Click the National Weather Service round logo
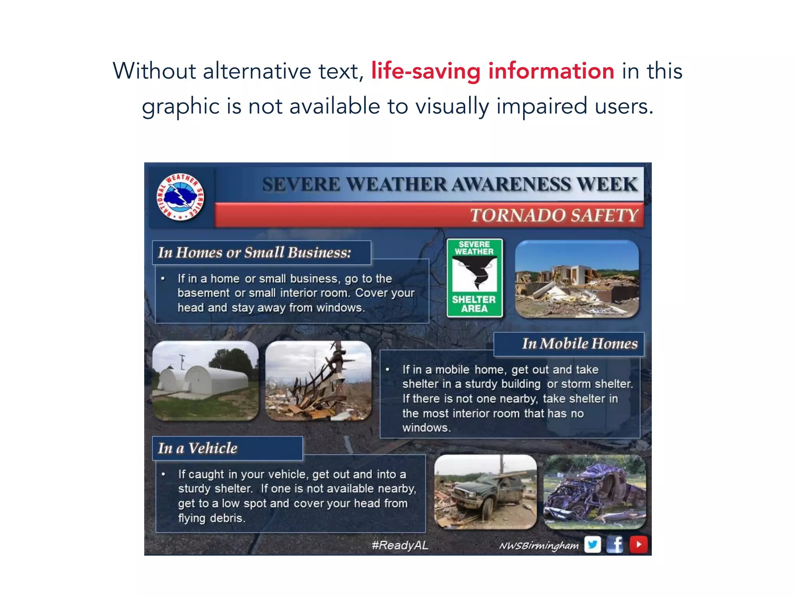click(x=180, y=197)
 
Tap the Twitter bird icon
click(x=592, y=544)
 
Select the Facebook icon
click(x=615, y=544)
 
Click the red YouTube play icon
click(x=638, y=544)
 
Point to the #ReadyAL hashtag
click(x=400, y=545)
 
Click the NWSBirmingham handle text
click(x=539, y=546)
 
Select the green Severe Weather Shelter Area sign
click(x=474, y=278)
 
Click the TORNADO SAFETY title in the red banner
click(x=554, y=215)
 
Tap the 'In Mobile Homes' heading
click(x=580, y=344)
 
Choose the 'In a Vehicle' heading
click(x=197, y=448)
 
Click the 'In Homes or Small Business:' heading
click(x=254, y=253)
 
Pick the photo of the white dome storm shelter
click(x=205, y=381)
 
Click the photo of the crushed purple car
click(x=595, y=492)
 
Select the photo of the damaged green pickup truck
click(x=485, y=492)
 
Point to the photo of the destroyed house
click(x=577, y=279)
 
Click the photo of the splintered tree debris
click(x=318, y=381)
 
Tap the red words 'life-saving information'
click(x=492, y=71)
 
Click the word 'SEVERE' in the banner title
click(x=301, y=184)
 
